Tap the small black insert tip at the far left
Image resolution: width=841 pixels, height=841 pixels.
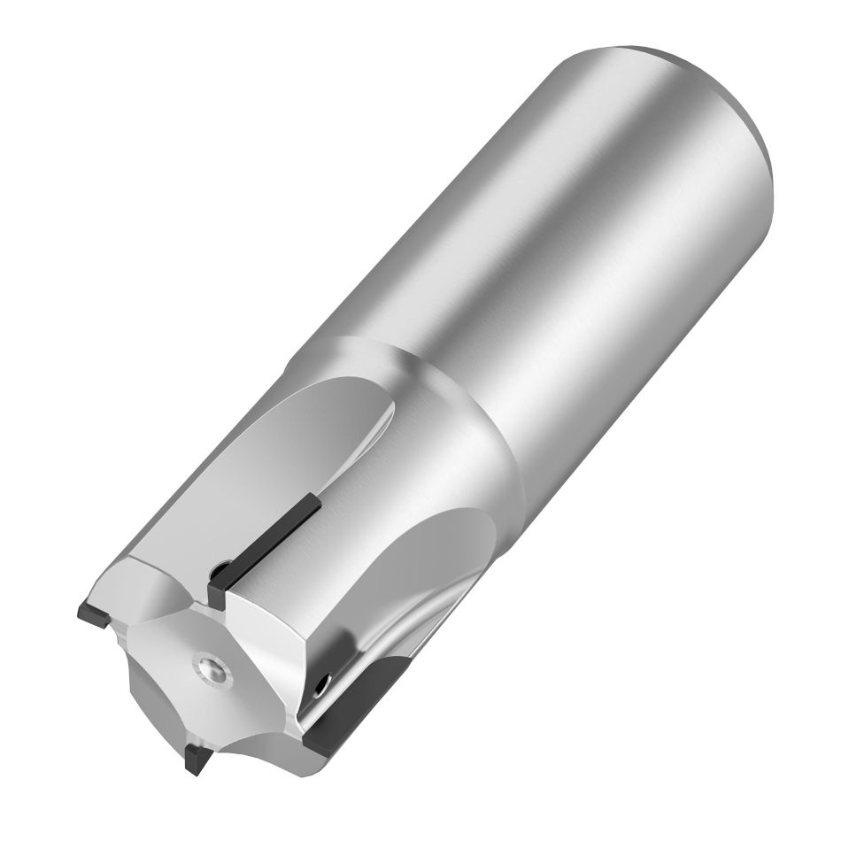pos(92,611)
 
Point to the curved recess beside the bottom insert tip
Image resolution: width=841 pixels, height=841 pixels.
pos(221,726)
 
